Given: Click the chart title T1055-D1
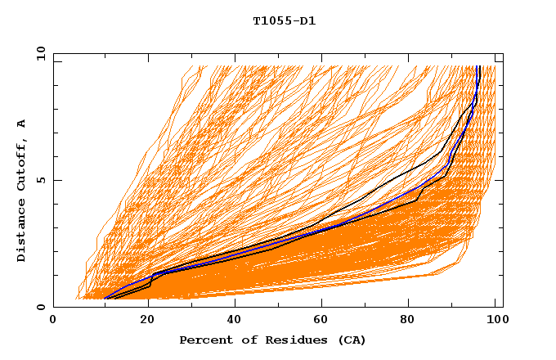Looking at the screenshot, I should (284, 20).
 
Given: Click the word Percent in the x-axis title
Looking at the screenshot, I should (203, 340).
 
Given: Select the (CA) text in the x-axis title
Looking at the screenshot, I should (350, 340).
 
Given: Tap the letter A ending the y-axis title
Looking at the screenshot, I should (21, 124).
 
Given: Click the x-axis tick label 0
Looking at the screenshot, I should (53, 321).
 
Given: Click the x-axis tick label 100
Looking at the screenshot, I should (495, 321).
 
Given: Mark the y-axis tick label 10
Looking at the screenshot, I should (41, 54).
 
